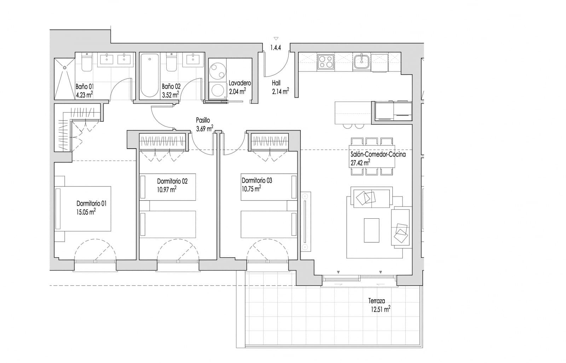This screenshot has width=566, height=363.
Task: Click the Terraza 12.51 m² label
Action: [x=379, y=305]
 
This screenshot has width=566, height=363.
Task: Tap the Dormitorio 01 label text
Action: [x=91, y=203]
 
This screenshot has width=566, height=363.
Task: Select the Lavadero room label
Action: [x=239, y=83]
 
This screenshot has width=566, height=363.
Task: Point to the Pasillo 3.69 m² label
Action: [x=204, y=125]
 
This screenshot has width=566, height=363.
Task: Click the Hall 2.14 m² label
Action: [x=280, y=87]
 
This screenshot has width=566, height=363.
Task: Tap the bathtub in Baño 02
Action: [x=149, y=75]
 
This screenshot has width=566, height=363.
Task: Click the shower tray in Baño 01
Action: [x=64, y=79]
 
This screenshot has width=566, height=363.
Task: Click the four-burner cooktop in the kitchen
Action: [x=325, y=62]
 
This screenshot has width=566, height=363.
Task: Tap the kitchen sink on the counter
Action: [x=362, y=61]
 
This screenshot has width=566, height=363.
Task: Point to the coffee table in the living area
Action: [x=371, y=230]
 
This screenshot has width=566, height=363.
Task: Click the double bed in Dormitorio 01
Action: [x=83, y=209]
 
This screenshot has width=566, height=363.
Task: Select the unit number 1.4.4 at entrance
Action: [x=276, y=47]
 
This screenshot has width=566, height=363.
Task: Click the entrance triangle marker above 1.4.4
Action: [x=276, y=39]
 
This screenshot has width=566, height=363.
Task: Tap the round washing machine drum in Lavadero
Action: [x=217, y=71]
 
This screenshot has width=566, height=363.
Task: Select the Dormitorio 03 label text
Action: [x=257, y=180]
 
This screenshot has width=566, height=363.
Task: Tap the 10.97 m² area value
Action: [x=167, y=190]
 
